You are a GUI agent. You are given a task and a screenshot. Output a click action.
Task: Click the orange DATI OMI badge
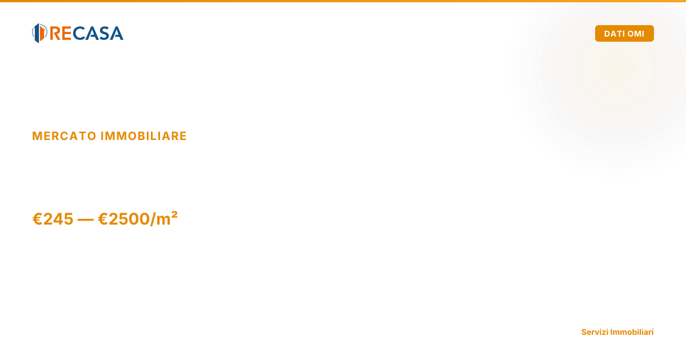624,33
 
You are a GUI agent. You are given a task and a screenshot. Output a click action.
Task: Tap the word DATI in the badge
613,34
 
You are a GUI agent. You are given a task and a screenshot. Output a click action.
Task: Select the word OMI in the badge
635,34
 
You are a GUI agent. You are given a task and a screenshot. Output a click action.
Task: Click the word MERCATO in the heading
64,136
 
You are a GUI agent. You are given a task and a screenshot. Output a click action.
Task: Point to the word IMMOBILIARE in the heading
143,136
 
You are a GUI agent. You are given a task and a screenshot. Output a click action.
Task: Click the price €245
53,219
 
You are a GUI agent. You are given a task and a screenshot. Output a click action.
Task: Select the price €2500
123,219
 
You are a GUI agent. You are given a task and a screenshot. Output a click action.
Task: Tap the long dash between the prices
86,219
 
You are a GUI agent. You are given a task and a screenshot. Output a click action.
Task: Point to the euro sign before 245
37,219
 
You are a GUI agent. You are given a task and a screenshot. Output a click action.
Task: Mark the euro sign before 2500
103,219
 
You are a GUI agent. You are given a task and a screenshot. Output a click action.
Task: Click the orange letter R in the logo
55,33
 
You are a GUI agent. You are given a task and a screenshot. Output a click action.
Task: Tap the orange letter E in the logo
66,33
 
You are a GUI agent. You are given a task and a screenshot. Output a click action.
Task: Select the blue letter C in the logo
78,33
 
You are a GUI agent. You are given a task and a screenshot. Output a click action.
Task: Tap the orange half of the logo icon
42,33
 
